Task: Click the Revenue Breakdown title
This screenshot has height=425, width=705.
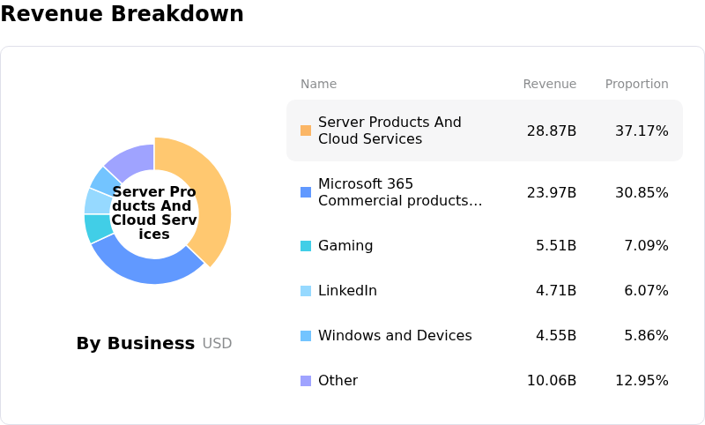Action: [122, 15]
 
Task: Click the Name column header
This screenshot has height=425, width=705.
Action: [318, 85]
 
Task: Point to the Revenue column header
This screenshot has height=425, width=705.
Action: [549, 85]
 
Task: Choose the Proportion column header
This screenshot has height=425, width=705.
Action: [636, 85]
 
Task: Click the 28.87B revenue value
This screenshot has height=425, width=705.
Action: [552, 130]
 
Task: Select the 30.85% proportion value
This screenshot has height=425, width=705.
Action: [642, 192]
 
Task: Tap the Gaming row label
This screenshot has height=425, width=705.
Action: [345, 246]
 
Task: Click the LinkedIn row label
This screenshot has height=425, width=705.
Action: [347, 291]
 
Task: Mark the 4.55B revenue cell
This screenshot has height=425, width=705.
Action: [556, 336]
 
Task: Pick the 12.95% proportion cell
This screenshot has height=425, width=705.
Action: [642, 381]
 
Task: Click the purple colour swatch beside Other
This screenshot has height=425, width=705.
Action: [306, 381]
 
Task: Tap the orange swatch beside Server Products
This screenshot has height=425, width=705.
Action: [306, 130]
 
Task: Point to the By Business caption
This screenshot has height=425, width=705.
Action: [135, 344]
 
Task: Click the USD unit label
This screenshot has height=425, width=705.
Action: [217, 344]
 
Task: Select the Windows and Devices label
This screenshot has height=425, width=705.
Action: [395, 336]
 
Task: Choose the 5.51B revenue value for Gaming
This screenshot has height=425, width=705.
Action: [556, 246]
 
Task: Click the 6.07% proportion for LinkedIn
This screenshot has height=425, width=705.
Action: [646, 291]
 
